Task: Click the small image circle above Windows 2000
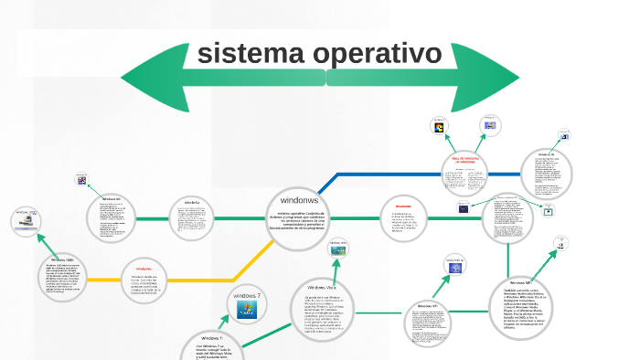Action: (x=27, y=219)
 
